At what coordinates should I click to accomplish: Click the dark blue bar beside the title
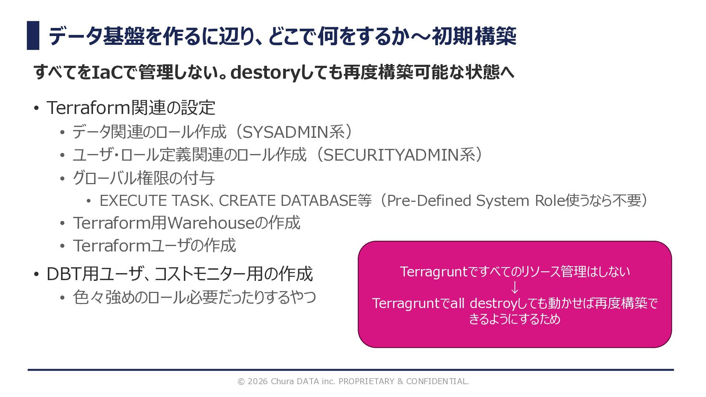[33, 35]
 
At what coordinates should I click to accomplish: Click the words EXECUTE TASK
[154, 201]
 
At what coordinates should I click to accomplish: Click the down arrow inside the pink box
[515, 287]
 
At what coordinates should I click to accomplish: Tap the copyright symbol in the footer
[241, 382]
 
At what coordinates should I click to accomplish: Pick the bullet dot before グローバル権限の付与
[63, 178]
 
